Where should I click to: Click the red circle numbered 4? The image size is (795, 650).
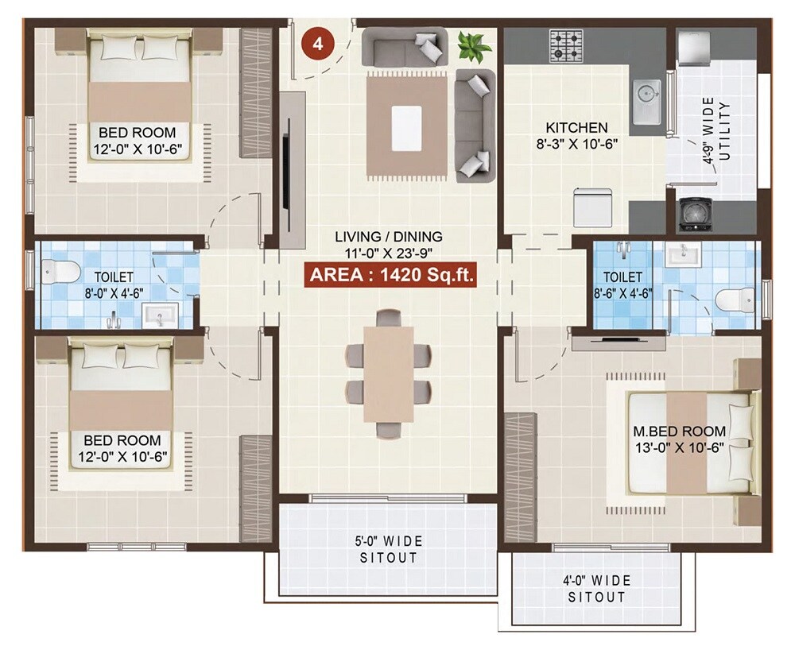(318, 44)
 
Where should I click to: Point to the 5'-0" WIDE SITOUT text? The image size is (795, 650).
(388, 549)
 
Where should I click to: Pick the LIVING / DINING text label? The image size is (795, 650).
(388, 244)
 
